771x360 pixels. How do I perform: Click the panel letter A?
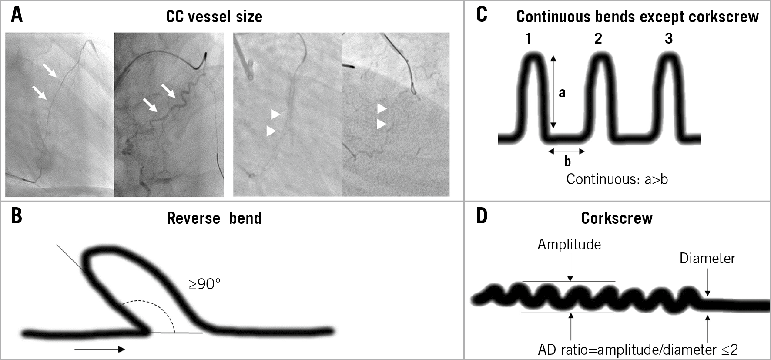point(17,15)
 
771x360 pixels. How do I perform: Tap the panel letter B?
point(17,216)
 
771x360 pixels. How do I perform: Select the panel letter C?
point(482,15)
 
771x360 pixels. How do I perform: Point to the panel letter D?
point(482,216)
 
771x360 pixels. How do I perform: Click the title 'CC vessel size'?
point(214,17)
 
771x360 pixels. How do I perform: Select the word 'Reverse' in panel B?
point(193,218)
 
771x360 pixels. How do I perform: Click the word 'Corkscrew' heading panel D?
point(617,218)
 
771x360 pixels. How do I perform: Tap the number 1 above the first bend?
point(528,39)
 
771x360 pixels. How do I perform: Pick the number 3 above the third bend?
point(669,39)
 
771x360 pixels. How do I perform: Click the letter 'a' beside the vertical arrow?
point(562,92)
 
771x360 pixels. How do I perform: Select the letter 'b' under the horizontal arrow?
point(567,161)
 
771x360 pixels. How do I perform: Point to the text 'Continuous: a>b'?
point(617,179)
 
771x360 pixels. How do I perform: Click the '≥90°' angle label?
point(204,284)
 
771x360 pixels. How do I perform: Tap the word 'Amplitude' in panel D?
point(569,245)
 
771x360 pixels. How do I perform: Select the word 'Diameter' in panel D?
point(707,259)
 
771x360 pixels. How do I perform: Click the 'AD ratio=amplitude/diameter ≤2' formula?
point(638,350)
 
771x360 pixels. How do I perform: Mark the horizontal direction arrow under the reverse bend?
point(100,349)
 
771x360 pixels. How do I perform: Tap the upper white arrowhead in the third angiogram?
point(275,114)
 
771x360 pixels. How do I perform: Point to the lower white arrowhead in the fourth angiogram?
point(382,124)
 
